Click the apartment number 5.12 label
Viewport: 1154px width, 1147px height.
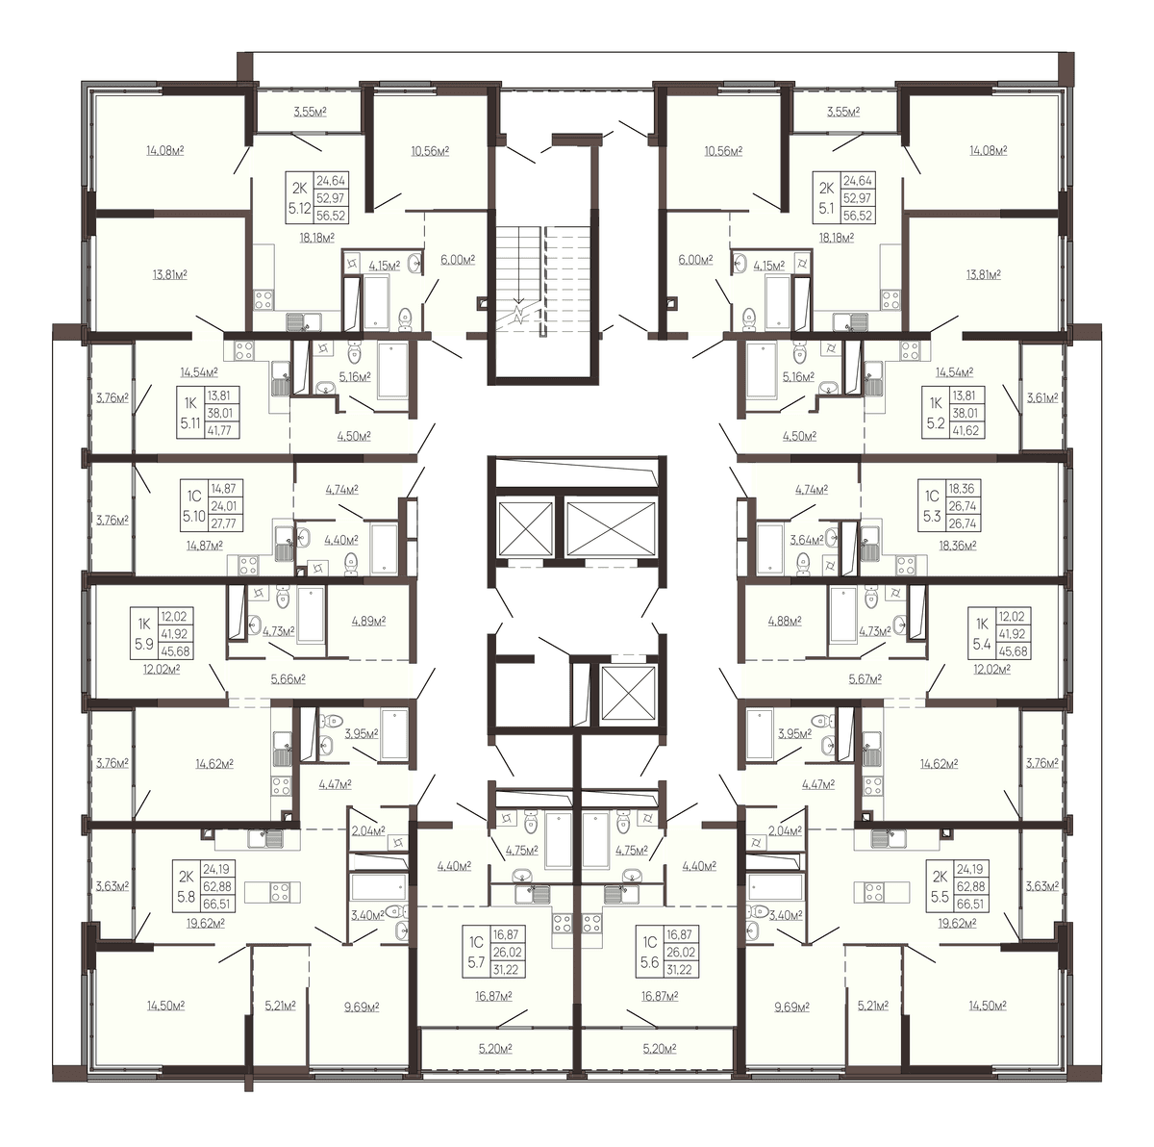(x=299, y=209)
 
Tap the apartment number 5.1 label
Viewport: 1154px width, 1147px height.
(x=826, y=209)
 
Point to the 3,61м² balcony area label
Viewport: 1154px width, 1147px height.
(x=1042, y=397)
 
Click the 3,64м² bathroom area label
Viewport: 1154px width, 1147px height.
(x=807, y=540)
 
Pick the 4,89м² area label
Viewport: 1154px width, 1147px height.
(x=369, y=621)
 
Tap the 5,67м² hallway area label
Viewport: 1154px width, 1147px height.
(x=865, y=679)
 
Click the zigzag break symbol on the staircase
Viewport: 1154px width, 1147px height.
(x=519, y=314)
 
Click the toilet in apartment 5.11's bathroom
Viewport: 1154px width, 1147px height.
(x=355, y=352)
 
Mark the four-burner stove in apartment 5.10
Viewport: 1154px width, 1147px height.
(x=247, y=565)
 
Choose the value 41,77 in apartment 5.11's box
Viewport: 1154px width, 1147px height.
(x=221, y=430)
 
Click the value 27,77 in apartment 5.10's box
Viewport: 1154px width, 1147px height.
(x=223, y=523)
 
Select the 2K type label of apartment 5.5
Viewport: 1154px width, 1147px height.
(x=940, y=877)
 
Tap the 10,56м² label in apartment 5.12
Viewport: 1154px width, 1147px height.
(x=430, y=151)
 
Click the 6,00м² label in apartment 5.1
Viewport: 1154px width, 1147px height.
(x=695, y=260)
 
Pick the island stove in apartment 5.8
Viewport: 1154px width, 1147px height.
(x=280, y=891)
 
